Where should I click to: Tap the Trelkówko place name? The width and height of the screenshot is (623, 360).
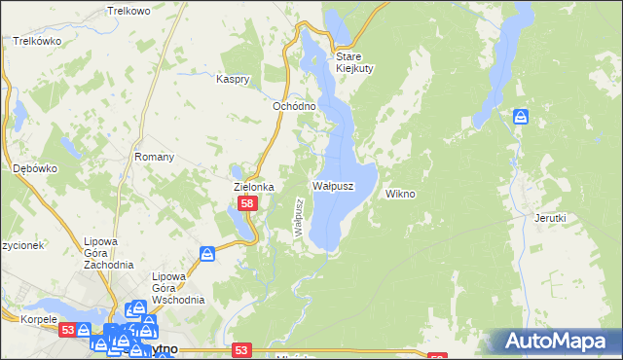pyautogui.click(x=38, y=42)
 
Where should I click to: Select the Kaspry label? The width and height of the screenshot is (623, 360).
pyautogui.click(x=235, y=79)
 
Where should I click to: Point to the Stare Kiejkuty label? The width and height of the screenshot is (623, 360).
pyautogui.click(x=348, y=62)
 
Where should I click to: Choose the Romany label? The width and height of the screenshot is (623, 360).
pyautogui.click(x=154, y=157)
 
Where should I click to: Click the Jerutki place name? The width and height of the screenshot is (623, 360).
pyautogui.click(x=550, y=218)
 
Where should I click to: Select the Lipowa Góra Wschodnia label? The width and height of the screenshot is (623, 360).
pyautogui.click(x=177, y=288)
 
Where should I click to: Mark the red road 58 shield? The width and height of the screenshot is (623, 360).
pyautogui.click(x=248, y=203)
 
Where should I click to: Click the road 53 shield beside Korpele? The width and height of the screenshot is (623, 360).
pyautogui.click(x=67, y=331)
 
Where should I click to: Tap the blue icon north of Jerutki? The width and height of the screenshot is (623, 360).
pyautogui.click(x=522, y=118)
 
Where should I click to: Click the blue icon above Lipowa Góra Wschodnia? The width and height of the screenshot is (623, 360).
pyautogui.click(x=207, y=254)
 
